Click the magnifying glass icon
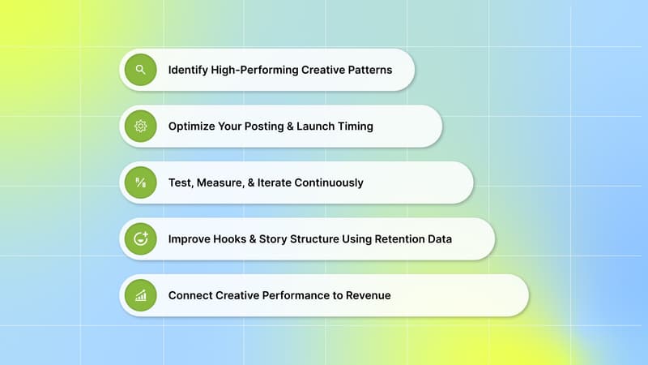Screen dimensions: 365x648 pyautogui.click(x=141, y=70)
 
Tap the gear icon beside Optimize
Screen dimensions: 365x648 pyautogui.click(x=141, y=126)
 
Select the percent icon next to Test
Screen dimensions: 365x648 pyautogui.click(x=141, y=182)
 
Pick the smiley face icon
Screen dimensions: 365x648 pyautogui.click(x=141, y=238)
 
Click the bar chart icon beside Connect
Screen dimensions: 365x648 pyautogui.click(x=141, y=295)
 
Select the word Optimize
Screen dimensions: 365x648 pyautogui.click(x=193, y=127)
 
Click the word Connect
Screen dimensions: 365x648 pyautogui.click(x=192, y=295)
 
